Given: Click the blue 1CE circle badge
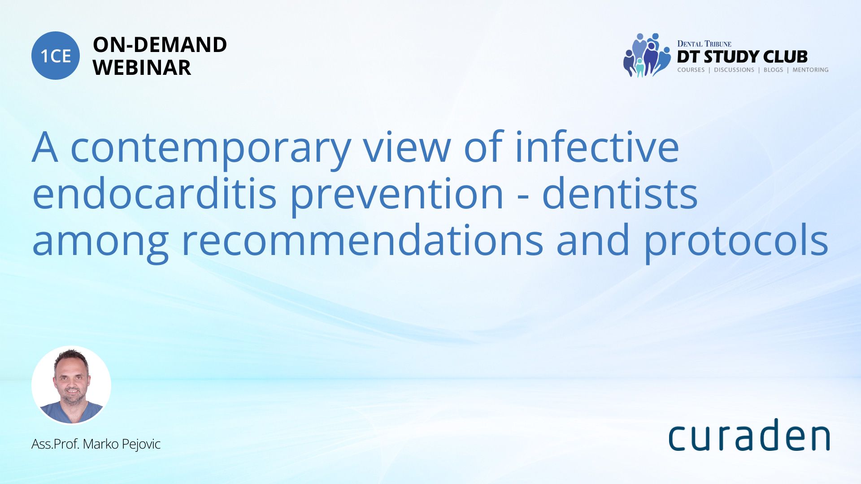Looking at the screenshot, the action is [56, 56].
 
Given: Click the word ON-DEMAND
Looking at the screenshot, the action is [160, 45].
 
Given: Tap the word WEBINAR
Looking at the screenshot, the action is [142, 68].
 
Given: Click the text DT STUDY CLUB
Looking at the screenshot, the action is [742, 57].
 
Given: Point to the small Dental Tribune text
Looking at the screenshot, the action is [704, 43].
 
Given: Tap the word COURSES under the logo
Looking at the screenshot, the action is [691, 70].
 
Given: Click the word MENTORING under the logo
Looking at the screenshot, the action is [810, 70].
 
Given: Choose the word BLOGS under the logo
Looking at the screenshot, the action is [773, 70].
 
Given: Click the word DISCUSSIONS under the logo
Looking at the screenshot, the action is [734, 70].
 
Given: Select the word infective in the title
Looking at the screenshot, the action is [597, 146].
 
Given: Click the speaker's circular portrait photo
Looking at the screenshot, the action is [71, 385].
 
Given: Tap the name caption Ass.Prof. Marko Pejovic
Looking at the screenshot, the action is [96, 444].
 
